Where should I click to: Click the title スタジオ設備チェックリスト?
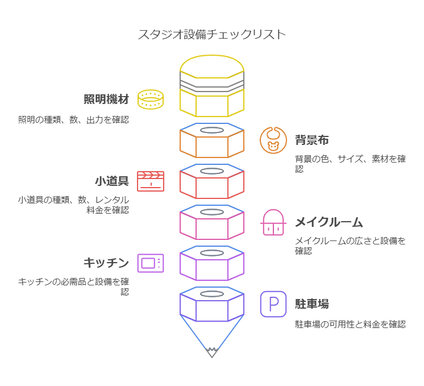point(212,35)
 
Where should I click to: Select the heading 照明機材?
point(106,99)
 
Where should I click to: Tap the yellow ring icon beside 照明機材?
point(151,99)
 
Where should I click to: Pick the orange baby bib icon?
point(273,140)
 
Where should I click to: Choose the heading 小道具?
point(111,181)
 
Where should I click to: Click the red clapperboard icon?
point(151,181)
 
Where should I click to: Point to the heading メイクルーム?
point(329,222)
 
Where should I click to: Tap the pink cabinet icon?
point(273,222)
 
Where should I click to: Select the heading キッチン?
point(106,263)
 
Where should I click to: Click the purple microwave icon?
point(151,263)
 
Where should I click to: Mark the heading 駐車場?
point(312,304)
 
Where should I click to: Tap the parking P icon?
point(273,304)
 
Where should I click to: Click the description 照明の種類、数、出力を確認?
point(73,119)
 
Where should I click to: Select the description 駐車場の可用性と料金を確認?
point(350,324)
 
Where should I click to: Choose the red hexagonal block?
point(212,183)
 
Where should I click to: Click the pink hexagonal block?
point(212,224)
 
